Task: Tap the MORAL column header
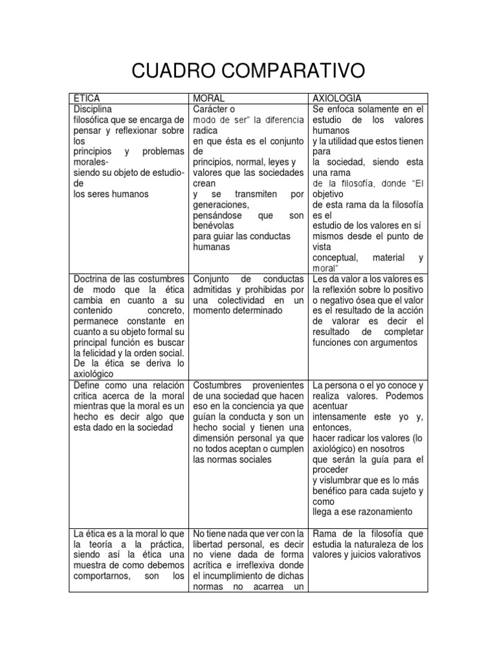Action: click(208, 98)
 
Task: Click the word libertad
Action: click(211, 544)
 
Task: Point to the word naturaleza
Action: click(378, 544)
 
